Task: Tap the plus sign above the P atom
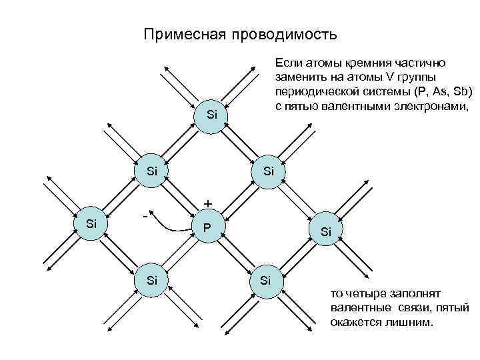pyautogui.click(x=209, y=203)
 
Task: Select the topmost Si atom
pyautogui.click(x=212, y=115)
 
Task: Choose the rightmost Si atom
pyautogui.click(x=326, y=231)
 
